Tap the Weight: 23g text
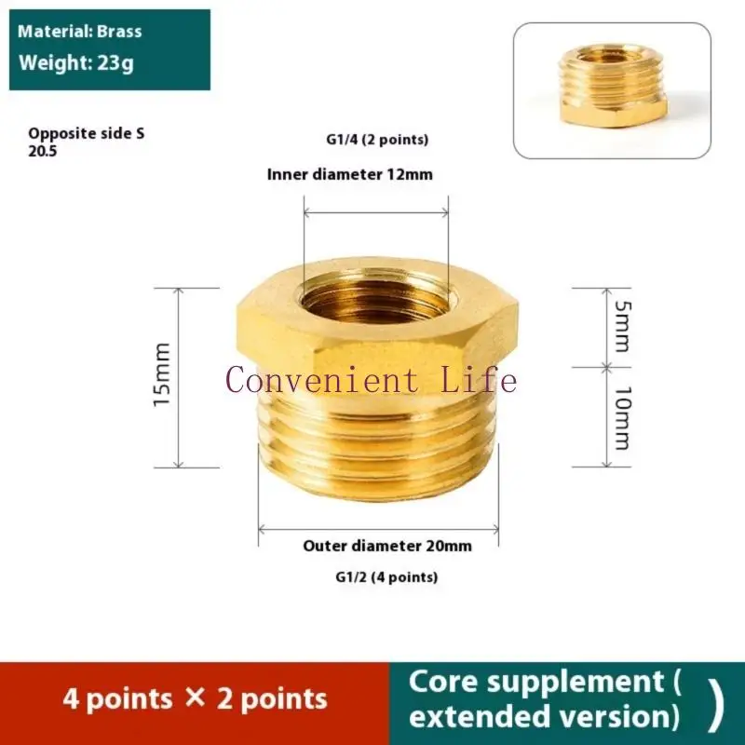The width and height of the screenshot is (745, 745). click(x=77, y=64)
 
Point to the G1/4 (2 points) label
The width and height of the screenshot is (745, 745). click(x=371, y=141)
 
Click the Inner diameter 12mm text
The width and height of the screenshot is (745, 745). click(x=349, y=174)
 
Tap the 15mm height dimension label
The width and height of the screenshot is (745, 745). click(x=162, y=374)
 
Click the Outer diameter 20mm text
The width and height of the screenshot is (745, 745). click(x=387, y=546)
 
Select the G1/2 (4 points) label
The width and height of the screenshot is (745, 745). click(x=386, y=577)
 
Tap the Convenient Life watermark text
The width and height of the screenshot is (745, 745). click(x=371, y=380)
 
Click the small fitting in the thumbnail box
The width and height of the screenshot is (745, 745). click(x=612, y=86)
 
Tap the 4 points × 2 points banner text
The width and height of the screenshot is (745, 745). click(x=195, y=698)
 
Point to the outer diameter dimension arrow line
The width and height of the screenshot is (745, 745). click(x=378, y=529)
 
